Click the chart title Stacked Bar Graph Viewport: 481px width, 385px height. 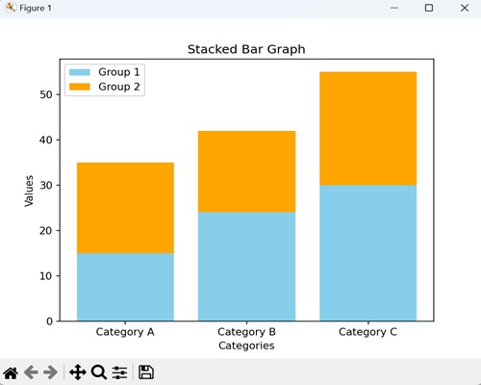pyautogui.click(x=246, y=49)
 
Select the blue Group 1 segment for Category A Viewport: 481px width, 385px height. pyautogui.click(x=125, y=287)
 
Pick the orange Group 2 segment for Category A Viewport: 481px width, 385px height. pyautogui.click(x=125, y=208)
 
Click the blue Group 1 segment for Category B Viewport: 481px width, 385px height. pyautogui.click(x=246, y=267)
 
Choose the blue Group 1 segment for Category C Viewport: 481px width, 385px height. pyautogui.click(x=367, y=253)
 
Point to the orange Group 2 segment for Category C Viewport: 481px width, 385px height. pyautogui.click(x=367, y=128)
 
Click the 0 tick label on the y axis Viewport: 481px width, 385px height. pyautogui.click(x=48, y=321)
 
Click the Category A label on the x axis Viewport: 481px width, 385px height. pyautogui.click(x=125, y=332)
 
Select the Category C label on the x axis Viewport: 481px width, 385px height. pyautogui.click(x=367, y=332)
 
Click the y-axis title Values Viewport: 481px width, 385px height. pyautogui.click(x=29, y=191)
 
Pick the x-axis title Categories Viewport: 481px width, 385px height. pyautogui.click(x=246, y=346)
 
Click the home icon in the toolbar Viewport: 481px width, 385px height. pyautogui.click(x=12, y=372)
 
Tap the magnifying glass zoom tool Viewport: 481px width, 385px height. pyautogui.click(x=98, y=372)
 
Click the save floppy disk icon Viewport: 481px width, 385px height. pyautogui.click(x=146, y=372)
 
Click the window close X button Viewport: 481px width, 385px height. pyautogui.click(x=461, y=9)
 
